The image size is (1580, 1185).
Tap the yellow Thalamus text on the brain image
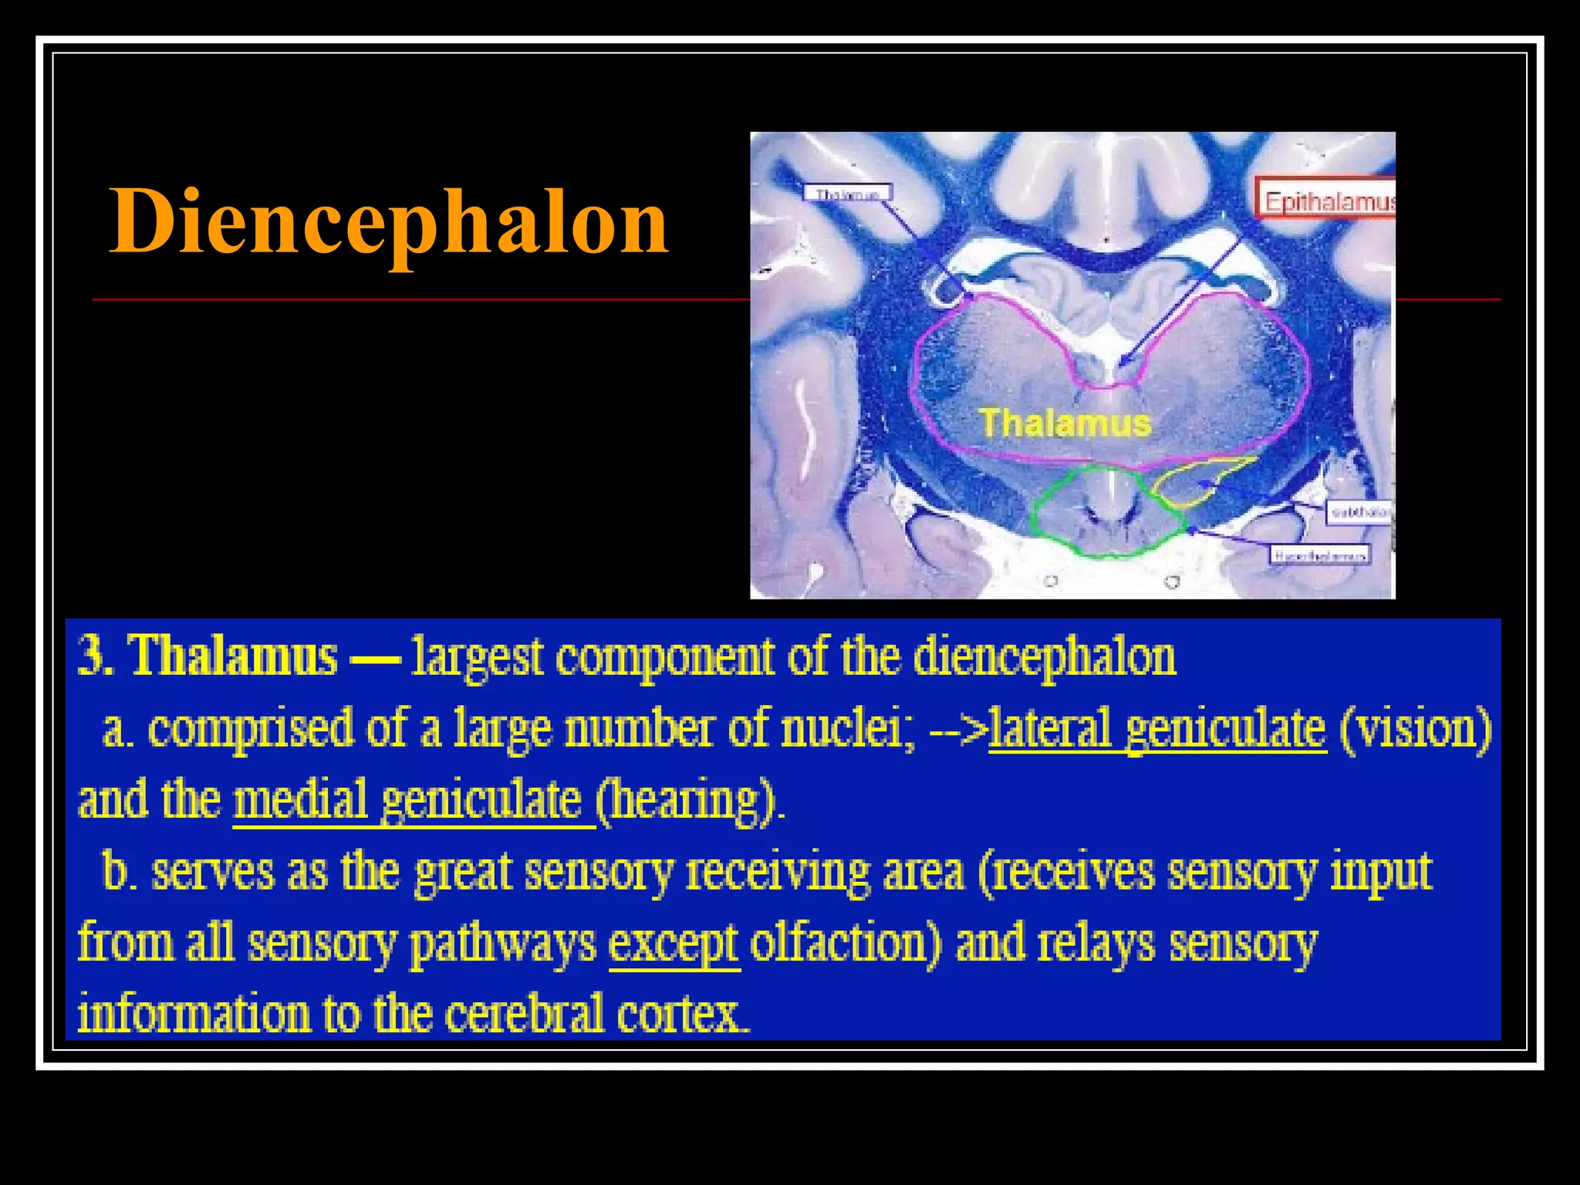click(1065, 423)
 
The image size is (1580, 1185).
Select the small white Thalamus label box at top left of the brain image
click(847, 193)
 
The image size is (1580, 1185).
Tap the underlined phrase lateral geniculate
click(1156, 728)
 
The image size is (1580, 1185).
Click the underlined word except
click(674, 943)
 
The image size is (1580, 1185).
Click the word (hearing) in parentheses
click(690, 800)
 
